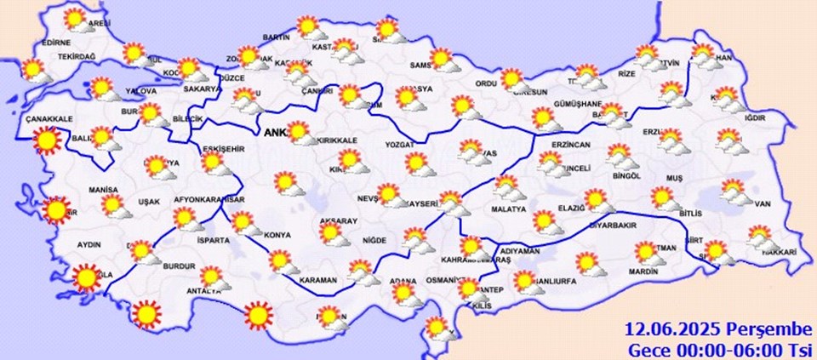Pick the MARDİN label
click(x=644, y=272)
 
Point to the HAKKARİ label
click(x=779, y=252)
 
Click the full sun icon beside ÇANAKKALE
click(x=46, y=141)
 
